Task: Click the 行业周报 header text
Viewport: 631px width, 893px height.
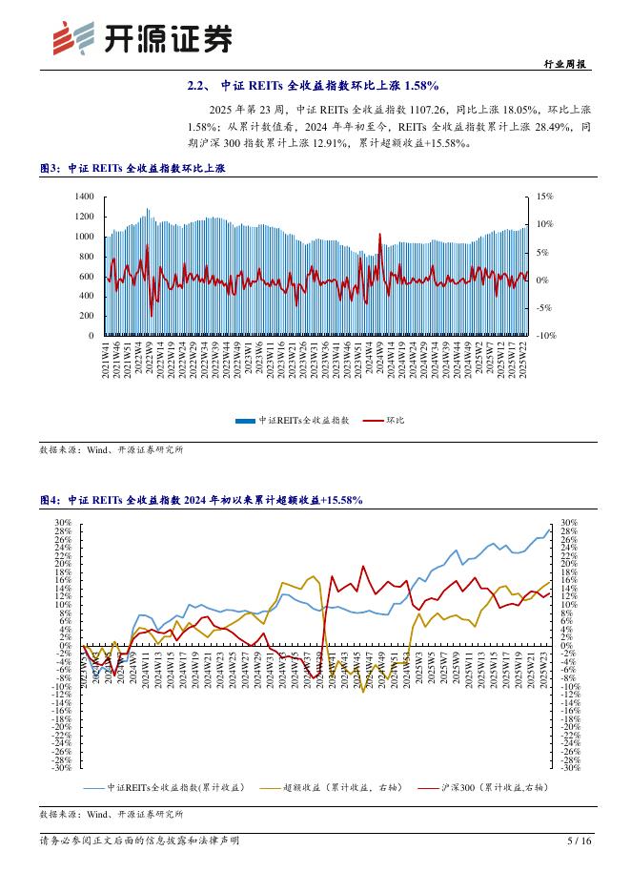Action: [566, 65]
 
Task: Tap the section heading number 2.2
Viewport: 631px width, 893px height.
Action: [199, 87]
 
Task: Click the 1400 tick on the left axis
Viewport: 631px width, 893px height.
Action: [84, 196]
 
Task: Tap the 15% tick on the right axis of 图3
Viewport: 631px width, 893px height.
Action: [544, 196]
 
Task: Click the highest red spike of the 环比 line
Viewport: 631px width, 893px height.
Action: [379, 234]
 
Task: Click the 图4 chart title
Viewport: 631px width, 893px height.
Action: [200, 500]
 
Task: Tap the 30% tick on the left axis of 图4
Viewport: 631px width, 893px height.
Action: [63, 523]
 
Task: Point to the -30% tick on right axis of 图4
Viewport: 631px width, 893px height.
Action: [569, 767]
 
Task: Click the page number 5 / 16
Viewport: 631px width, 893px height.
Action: [579, 841]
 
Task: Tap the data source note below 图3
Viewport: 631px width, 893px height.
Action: [112, 448]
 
